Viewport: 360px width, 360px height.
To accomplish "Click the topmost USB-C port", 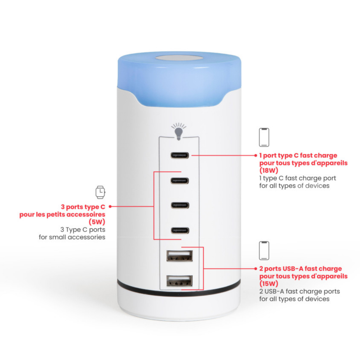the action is [x=180, y=156].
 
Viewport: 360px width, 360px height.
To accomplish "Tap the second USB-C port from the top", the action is [x=180, y=181].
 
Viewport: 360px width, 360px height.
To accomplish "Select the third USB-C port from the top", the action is [x=180, y=205].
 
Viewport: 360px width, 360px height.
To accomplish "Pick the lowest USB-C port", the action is [x=180, y=230].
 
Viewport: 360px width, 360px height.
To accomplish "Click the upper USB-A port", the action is [x=180, y=256].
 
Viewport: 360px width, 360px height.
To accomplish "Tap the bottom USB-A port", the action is [x=180, y=280].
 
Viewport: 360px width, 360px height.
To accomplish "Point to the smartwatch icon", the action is [x=100, y=192].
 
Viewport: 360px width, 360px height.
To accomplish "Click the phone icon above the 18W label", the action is [x=264, y=137].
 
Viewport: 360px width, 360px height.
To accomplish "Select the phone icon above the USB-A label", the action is [x=264, y=251].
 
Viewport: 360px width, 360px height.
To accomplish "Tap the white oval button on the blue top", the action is [x=179, y=58].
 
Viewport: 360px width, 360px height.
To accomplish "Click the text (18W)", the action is [x=269, y=170].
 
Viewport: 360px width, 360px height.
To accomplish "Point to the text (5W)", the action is [x=97, y=222].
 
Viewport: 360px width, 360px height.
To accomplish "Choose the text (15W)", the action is [x=269, y=284].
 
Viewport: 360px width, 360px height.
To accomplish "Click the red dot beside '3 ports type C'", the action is [x=110, y=206].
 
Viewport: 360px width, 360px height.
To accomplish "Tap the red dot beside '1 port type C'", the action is [x=256, y=156].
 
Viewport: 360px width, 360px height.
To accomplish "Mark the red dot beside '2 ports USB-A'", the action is [x=256, y=269].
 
